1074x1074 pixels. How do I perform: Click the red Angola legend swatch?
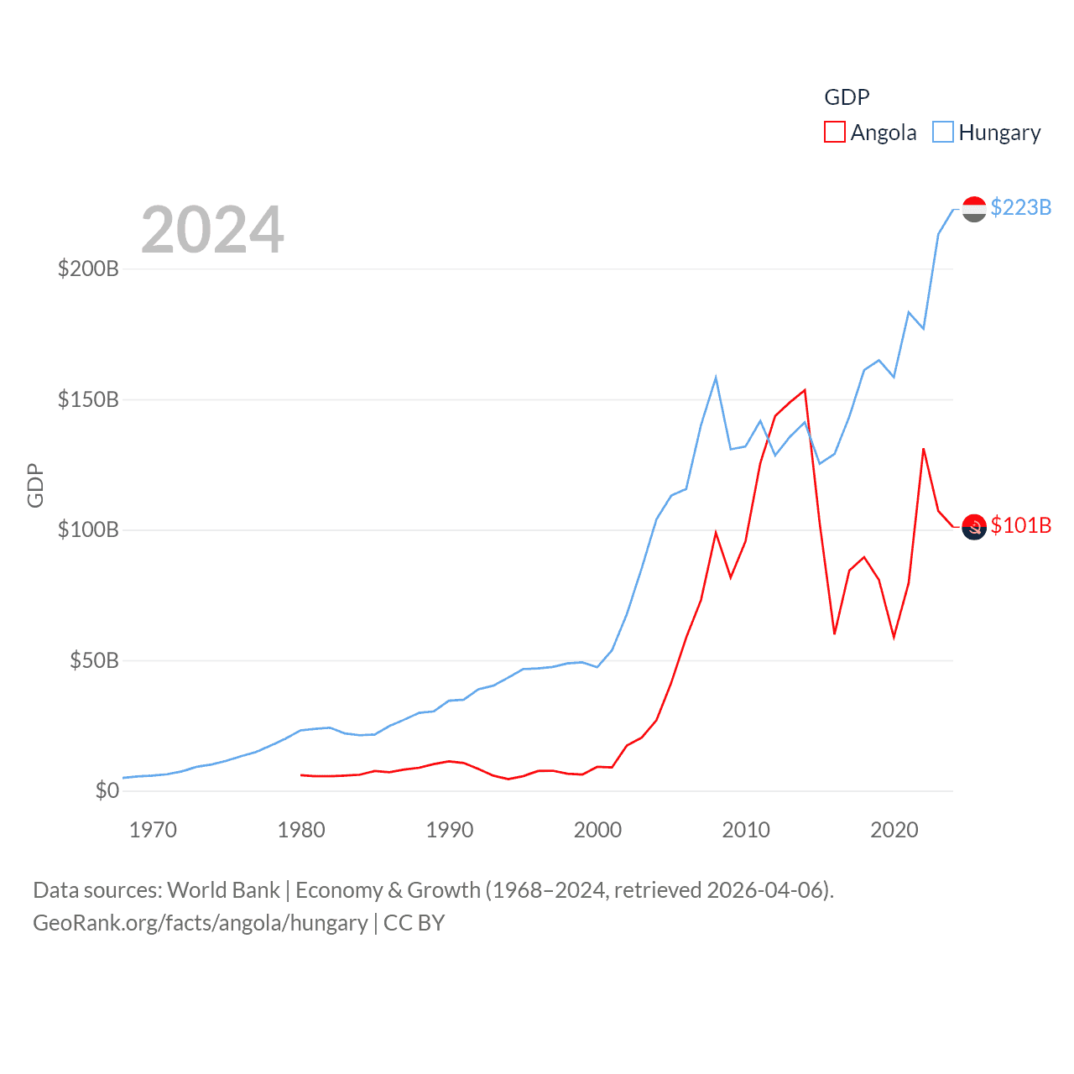coord(834,133)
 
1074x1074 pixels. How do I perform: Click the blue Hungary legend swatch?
coord(943,133)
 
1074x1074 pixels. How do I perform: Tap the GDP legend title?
coord(847,97)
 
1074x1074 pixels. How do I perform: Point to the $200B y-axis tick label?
coord(88,268)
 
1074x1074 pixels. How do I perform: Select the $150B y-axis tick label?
coord(88,399)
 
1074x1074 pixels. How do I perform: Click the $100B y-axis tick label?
coord(88,529)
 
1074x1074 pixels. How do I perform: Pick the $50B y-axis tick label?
coord(94,660)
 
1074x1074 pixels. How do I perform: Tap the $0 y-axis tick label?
coord(107,790)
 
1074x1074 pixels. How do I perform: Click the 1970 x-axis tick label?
coord(153,830)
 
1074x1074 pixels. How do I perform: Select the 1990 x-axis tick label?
coord(450,830)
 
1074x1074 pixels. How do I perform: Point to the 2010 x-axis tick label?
coord(746,830)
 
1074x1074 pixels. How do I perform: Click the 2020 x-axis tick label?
coord(894,830)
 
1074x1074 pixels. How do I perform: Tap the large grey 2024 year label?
coord(212,230)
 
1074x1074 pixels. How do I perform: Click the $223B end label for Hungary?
coord(1020,207)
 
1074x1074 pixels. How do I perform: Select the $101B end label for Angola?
coord(1020,525)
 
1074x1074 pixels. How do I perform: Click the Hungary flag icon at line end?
coord(973,209)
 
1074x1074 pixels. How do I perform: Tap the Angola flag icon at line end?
coord(973,527)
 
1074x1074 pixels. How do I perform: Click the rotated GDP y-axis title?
coord(35,485)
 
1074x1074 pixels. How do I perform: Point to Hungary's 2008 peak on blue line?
coord(716,378)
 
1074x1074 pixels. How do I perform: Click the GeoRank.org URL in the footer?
coord(200,923)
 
